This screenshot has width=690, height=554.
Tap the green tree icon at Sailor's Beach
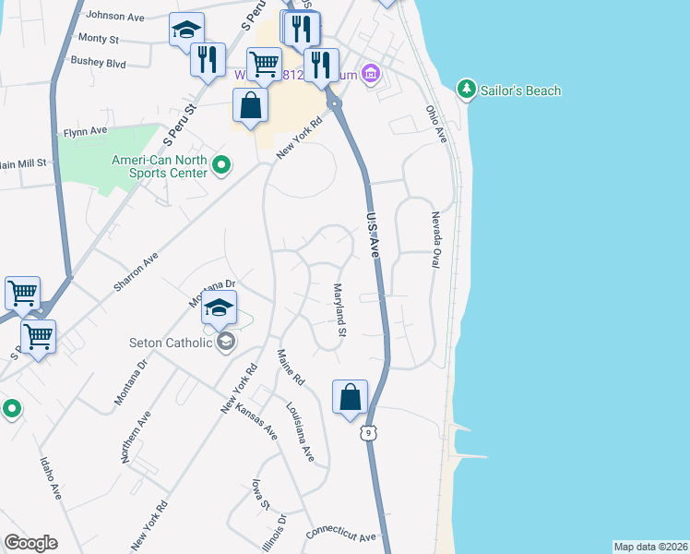point(467,89)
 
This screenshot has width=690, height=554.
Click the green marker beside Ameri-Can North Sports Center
point(221,166)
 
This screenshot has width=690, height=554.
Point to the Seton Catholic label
point(172,343)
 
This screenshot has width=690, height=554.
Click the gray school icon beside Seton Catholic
point(225,343)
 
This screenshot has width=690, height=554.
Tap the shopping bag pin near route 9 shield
point(351,399)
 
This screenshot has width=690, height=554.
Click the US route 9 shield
point(368,432)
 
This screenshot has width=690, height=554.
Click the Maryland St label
point(339,309)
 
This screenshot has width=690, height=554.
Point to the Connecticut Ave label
point(340,536)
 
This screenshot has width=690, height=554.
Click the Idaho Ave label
point(50,479)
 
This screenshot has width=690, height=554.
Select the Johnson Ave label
point(114,16)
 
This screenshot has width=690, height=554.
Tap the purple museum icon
point(371,73)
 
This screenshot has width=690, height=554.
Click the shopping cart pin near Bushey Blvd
point(265,64)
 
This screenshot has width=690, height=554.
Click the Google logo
point(30,543)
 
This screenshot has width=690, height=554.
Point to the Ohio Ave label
point(435,124)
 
